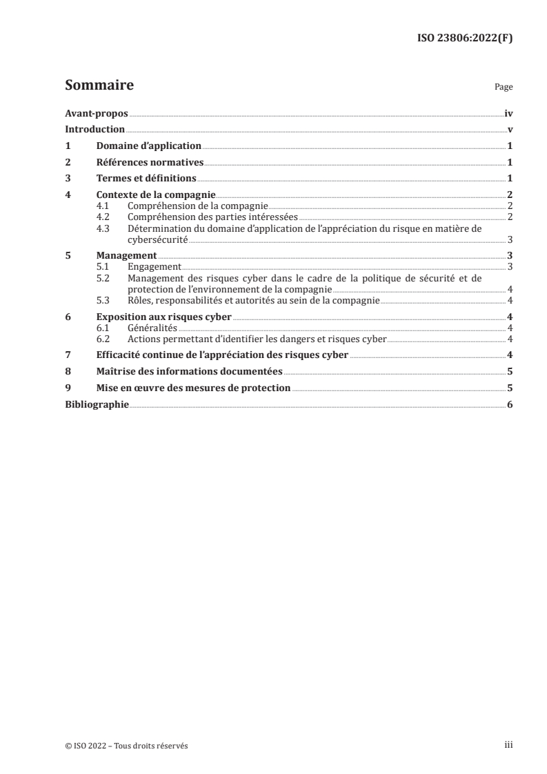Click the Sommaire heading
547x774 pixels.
99,86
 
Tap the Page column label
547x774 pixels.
504,88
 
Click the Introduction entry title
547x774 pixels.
95,130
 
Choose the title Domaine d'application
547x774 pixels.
148,146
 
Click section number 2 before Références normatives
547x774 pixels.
68,163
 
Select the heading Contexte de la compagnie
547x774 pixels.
156,196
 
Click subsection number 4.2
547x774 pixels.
103,217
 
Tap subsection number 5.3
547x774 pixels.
103,299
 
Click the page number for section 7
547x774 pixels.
509,355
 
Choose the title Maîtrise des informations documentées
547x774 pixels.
189,372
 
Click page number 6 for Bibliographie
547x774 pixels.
509,405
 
